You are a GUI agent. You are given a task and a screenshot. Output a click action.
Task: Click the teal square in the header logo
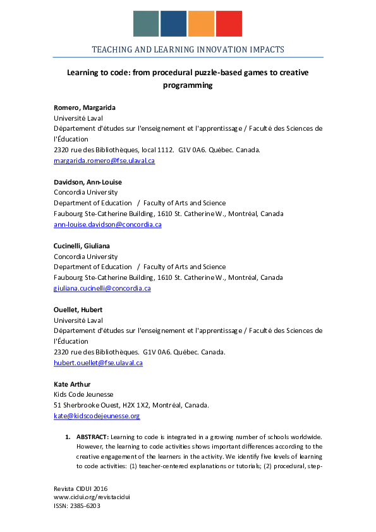point(146,23)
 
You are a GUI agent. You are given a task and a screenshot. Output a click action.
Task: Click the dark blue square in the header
point(173,23)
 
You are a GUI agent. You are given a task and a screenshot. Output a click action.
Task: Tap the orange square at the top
point(201,23)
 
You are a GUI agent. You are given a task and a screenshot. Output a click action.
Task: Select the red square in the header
point(229,23)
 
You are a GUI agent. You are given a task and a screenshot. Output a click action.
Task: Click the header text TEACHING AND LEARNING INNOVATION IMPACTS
point(188,49)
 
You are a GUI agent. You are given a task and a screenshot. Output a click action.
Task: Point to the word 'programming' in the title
point(188,85)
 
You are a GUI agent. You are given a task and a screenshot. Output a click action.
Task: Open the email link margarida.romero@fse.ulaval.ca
point(104,160)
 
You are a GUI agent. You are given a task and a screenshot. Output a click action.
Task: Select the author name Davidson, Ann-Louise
point(88,182)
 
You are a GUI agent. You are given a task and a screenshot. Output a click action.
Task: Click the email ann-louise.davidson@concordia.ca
point(107,224)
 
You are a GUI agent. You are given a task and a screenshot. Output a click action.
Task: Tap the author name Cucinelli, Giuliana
point(85,246)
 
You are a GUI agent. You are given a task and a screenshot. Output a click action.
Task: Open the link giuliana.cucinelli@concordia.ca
point(102,288)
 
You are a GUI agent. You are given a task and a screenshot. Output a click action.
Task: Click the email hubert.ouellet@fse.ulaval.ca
point(98,363)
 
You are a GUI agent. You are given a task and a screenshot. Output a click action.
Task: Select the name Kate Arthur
point(71,384)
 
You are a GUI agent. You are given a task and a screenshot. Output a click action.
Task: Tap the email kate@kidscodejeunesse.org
point(97,416)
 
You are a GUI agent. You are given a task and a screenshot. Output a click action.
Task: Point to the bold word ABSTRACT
point(92,437)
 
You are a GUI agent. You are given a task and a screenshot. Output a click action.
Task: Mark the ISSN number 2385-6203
point(85,506)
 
